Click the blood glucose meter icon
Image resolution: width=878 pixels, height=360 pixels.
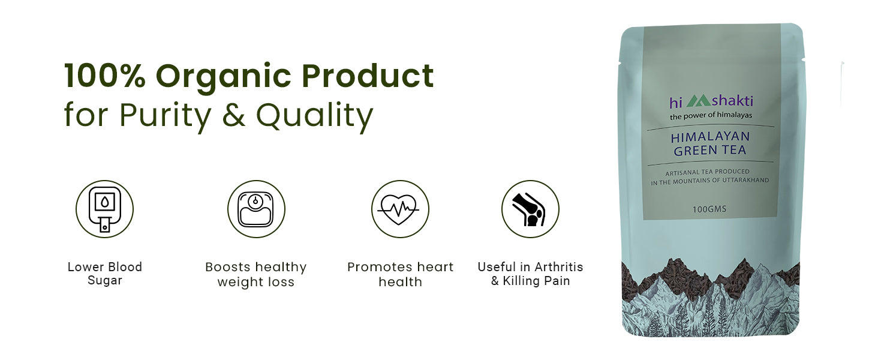(105, 209)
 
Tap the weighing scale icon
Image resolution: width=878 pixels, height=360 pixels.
(256, 209)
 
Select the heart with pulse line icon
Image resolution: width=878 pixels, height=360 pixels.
(399, 209)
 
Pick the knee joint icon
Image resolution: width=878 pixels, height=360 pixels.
(529, 209)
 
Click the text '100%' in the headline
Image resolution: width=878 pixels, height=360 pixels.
(105, 76)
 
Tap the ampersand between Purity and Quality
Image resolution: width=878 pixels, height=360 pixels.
(234, 115)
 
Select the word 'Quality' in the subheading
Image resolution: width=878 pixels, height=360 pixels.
(315, 116)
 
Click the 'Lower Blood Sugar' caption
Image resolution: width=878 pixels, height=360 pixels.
(105, 274)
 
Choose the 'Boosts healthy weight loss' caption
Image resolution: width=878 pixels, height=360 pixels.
(256, 274)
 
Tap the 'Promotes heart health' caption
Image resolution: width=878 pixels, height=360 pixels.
(400, 274)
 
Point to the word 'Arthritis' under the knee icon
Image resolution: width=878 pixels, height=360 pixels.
(558, 267)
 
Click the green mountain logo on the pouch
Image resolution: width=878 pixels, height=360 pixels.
(698, 100)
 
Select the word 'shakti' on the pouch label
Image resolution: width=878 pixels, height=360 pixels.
(732, 101)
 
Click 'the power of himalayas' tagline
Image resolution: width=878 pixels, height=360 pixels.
(711, 116)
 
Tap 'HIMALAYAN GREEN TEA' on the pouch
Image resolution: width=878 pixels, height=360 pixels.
(710, 143)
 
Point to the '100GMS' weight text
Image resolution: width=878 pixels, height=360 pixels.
(709, 209)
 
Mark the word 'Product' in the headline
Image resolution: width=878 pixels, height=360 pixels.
(368, 76)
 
